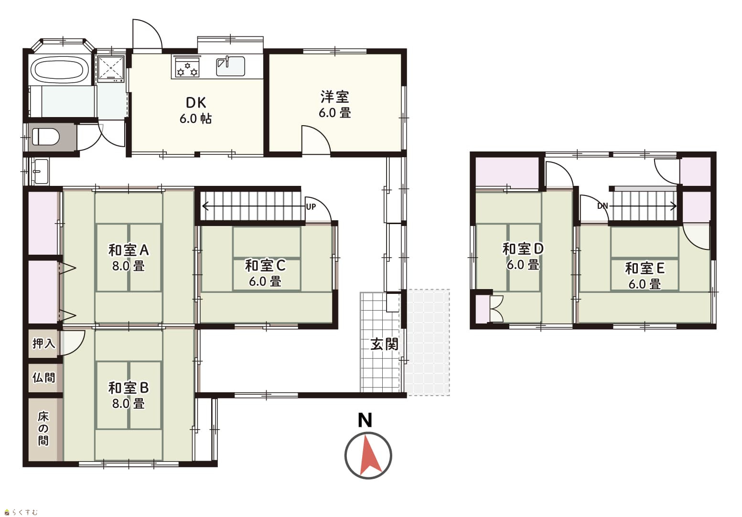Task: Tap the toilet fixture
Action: click(46, 137)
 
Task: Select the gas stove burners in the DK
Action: click(187, 67)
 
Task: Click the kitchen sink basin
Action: click(231, 66)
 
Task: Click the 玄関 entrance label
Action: click(384, 345)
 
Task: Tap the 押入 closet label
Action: click(44, 344)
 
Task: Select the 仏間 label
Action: click(44, 377)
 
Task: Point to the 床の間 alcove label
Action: click(43, 429)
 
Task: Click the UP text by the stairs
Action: click(311, 207)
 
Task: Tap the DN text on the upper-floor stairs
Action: click(602, 206)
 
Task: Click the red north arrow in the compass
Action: click(370, 456)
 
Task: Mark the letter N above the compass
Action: click(365, 420)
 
